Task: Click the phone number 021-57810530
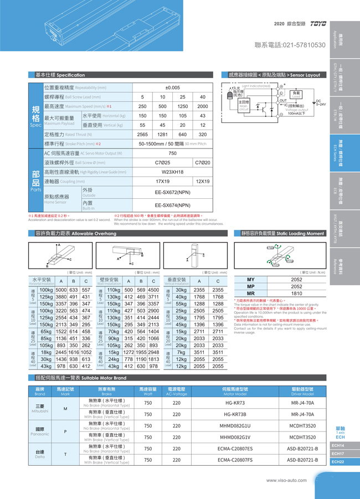point(290,44)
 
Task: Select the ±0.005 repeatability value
point(172,88)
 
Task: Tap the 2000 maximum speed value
point(203,106)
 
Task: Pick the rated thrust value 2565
point(142,135)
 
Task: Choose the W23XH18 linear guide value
point(172,172)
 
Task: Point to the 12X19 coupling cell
point(203,181)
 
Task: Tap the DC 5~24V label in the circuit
point(320,102)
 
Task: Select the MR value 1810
point(297,294)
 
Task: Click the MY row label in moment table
point(250,279)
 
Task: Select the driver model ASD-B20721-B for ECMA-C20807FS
point(302,460)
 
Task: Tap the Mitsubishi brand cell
point(40,408)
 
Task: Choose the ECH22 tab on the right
point(338,462)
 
